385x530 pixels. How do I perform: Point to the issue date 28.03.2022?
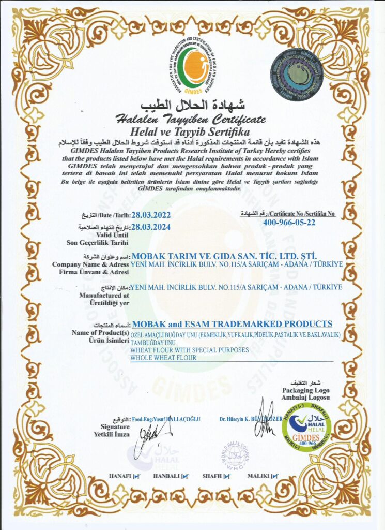pos(151,214)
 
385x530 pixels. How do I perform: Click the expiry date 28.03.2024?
pos(151,226)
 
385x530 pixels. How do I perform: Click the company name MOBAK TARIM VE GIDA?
pos(224,255)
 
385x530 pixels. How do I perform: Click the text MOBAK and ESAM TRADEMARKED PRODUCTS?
pos(232,324)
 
